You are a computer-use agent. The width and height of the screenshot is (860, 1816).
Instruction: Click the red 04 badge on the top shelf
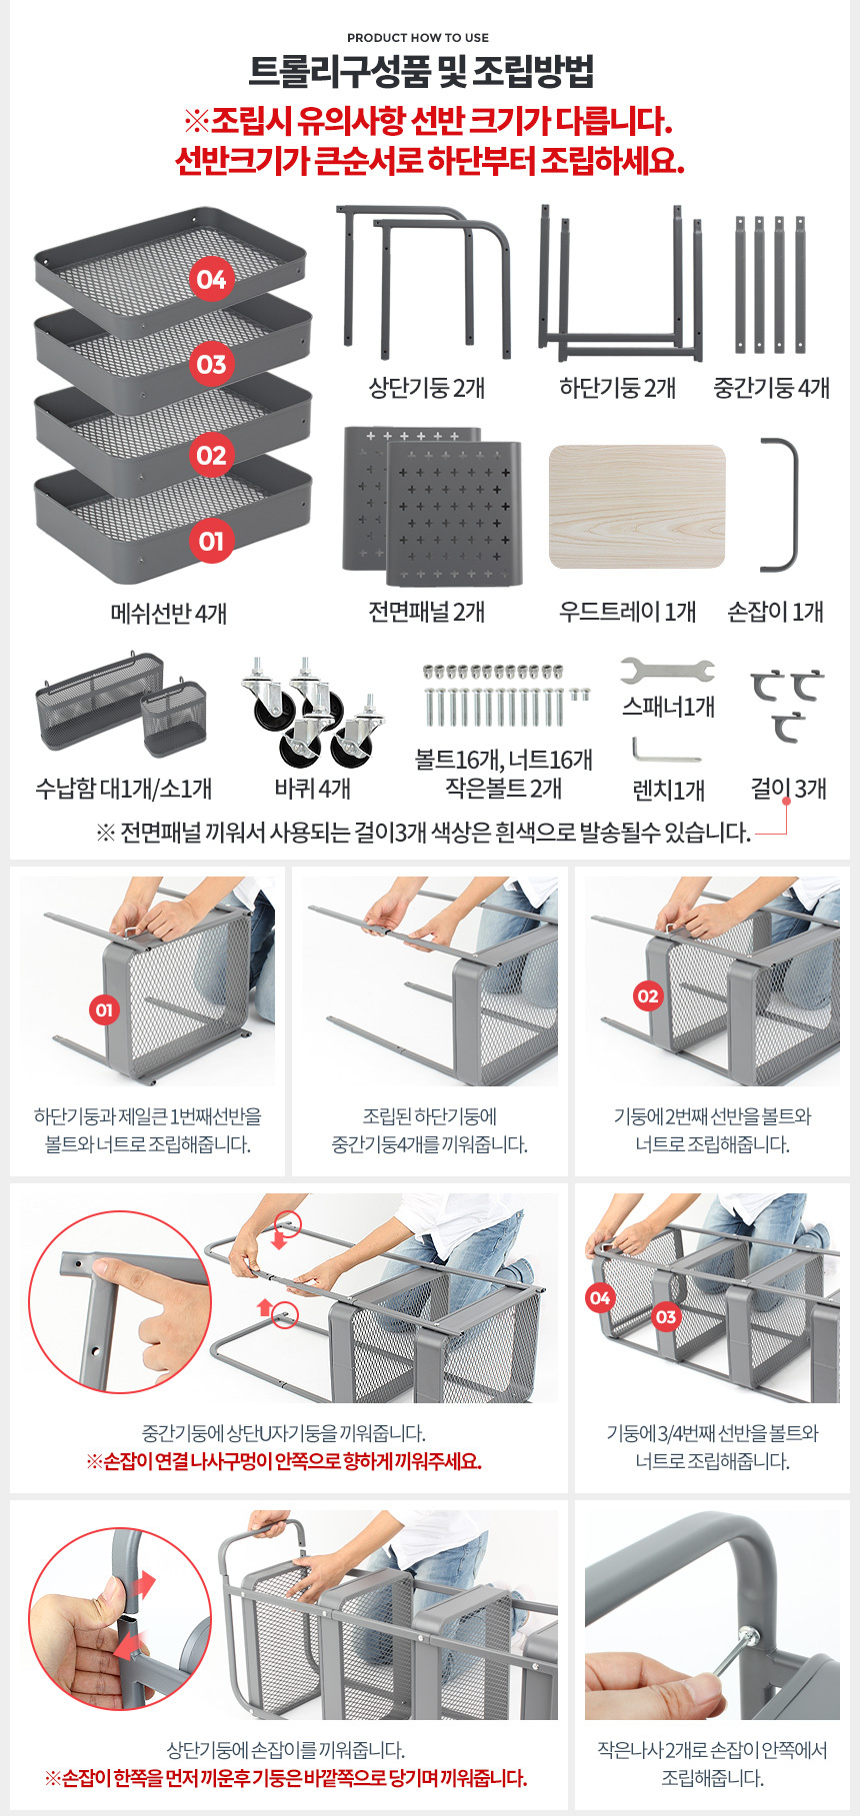(211, 279)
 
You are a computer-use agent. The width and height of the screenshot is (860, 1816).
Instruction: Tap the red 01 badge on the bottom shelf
(211, 542)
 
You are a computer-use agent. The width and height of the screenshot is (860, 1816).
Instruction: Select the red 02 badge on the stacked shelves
(211, 456)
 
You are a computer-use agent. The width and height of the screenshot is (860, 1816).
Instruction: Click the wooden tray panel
(637, 506)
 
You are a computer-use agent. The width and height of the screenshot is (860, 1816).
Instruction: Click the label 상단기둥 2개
(427, 388)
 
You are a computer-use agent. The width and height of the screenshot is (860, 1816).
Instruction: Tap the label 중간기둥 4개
(771, 388)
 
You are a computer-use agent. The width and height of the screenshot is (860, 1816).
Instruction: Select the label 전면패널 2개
(427, 612)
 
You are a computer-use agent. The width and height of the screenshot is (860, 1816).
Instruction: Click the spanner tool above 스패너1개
(667, 670)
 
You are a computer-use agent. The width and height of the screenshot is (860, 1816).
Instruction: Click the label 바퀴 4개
(313, 789)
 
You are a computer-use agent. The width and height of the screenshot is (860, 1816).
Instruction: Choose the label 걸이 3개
(789, 789)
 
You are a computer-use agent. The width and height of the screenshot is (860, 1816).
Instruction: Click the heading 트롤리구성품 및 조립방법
(421, 72)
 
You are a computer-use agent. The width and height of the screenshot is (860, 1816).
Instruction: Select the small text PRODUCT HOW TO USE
(418, 38)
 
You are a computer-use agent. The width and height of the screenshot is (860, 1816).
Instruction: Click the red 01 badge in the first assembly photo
(104, 1010)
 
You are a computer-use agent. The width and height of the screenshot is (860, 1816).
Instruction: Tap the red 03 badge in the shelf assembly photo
(666, 1317)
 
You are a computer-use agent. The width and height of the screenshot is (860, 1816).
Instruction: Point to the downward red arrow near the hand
(280, 1241)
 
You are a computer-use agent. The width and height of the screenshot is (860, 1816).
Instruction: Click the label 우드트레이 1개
(627, 612)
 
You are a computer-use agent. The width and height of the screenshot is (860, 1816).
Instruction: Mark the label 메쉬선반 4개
(169, 614)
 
